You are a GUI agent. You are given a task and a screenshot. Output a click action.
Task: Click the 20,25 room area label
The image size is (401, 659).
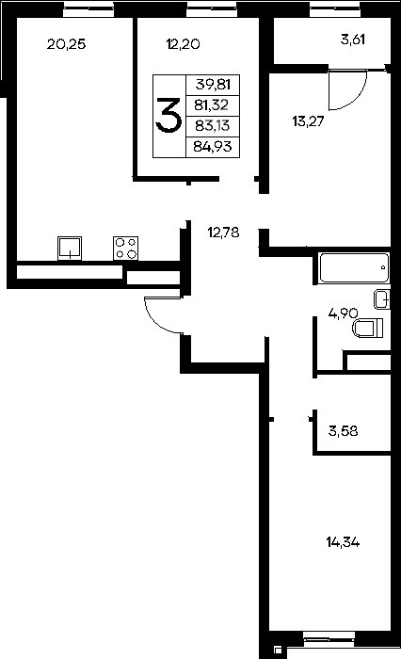pyautogui.click(x=67, y=44)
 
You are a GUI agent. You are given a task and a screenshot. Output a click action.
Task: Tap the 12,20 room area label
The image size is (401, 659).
pyautogui.click(x=183, y=44)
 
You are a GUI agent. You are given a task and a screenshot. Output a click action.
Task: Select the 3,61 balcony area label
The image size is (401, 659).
pyautogui.click(x=353, y=40)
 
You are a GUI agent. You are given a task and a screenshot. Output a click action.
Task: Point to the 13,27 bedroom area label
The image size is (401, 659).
pyautogui.click(x=308, y=121)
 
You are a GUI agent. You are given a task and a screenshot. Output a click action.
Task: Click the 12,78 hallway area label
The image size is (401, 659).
pyautogui.click(x=224, y=233)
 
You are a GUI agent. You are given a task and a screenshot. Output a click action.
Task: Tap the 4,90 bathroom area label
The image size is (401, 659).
pyautogui.click(x=343, y=313)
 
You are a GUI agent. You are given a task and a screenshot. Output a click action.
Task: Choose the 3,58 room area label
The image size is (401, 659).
pyautogui.click(x=343, y=431)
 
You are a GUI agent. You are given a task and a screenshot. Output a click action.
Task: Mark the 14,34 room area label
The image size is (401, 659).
pyautogui.click(x=343, y=542)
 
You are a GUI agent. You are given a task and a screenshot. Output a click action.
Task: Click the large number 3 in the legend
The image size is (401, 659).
pyautogui.click(x=168, y=115)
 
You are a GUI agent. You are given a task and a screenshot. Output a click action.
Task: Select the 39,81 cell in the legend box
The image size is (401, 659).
pyautogui.click(x=213, y=85)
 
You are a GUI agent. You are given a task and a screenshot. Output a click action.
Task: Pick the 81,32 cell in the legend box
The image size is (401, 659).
pyautogui.click(x=212, y=105)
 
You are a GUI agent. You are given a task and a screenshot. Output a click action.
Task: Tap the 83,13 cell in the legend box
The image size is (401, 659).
pyautogui.click(x=213, y=125)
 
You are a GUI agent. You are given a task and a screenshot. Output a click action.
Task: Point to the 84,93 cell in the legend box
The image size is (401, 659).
pyautogui.click(x=213, y=147)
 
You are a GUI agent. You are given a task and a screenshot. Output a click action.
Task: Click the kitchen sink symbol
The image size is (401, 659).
pyautogui.click(x=70, y=248)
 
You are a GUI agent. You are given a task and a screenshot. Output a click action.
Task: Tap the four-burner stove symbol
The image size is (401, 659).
pyautogui.click(x=126, y=248)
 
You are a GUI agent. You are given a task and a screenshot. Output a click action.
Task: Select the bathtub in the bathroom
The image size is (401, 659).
pyautogui.click(x=354, y=267)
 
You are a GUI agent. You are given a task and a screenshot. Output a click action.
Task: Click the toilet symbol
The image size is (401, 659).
pyautogui.click(x=368, y=328)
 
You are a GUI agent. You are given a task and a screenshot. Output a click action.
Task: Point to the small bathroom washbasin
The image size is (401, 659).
pyautogui.click(x=382, y=299)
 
